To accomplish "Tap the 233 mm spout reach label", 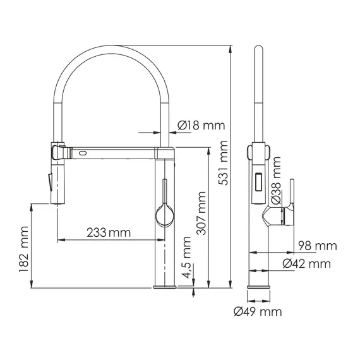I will (x=109, y=232).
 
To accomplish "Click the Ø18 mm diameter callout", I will (x=201, y=126).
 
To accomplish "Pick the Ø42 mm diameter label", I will (x=307, y=263).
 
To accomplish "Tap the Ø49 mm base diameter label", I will (x=257, y=311).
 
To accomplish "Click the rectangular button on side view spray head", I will (x=258, y=184).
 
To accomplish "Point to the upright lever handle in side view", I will (x=292, y=193).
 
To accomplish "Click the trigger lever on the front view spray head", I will (x=47, y=181).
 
